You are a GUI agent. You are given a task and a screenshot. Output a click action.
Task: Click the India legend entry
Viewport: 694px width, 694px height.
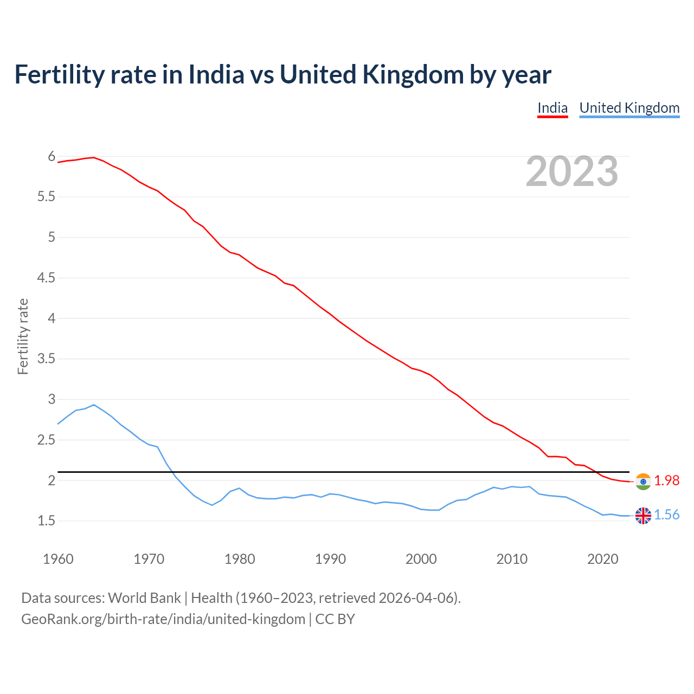point(552,108)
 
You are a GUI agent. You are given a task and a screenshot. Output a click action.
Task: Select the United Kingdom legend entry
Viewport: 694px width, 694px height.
point(629,108)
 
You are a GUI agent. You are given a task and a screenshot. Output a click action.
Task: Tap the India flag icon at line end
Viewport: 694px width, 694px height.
point(643,481)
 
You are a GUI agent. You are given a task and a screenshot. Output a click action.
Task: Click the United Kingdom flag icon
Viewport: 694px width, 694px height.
point(643,516)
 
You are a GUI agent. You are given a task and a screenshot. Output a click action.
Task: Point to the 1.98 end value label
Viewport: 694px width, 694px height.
point(666,481)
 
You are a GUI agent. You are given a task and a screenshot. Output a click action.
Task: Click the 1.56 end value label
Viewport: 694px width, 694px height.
point(666,515)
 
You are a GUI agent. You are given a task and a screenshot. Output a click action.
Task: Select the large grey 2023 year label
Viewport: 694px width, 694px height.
point(571,171)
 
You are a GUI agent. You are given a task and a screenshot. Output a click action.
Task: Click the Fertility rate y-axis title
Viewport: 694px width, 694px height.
point(23,336)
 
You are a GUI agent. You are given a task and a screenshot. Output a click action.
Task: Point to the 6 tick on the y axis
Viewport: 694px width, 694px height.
point(52,157)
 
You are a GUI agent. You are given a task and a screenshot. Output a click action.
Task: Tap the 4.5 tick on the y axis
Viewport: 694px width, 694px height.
point(46,278)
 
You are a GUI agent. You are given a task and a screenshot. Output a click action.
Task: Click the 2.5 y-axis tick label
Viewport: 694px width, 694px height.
point(46,440)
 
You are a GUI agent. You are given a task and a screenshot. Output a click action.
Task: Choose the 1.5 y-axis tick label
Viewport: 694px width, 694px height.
point(46,521)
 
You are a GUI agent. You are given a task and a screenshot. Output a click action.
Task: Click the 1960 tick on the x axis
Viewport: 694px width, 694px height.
point(58,559)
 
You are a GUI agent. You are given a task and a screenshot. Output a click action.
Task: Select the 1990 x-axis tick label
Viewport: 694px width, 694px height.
point(330,559)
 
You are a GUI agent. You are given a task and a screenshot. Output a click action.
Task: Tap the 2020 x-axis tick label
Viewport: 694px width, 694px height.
point(602,559)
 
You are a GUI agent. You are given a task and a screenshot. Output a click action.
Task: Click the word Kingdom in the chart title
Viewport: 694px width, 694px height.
point(413,74)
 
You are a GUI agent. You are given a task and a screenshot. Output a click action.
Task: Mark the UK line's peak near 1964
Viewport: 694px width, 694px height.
point(94,404)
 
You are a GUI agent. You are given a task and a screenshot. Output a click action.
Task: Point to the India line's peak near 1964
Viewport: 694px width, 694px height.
point(94,157)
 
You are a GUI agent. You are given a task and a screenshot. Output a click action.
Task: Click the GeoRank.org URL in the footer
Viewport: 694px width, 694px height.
point(163,619)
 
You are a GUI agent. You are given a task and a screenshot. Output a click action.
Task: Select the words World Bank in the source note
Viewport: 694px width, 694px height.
point(144,598)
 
